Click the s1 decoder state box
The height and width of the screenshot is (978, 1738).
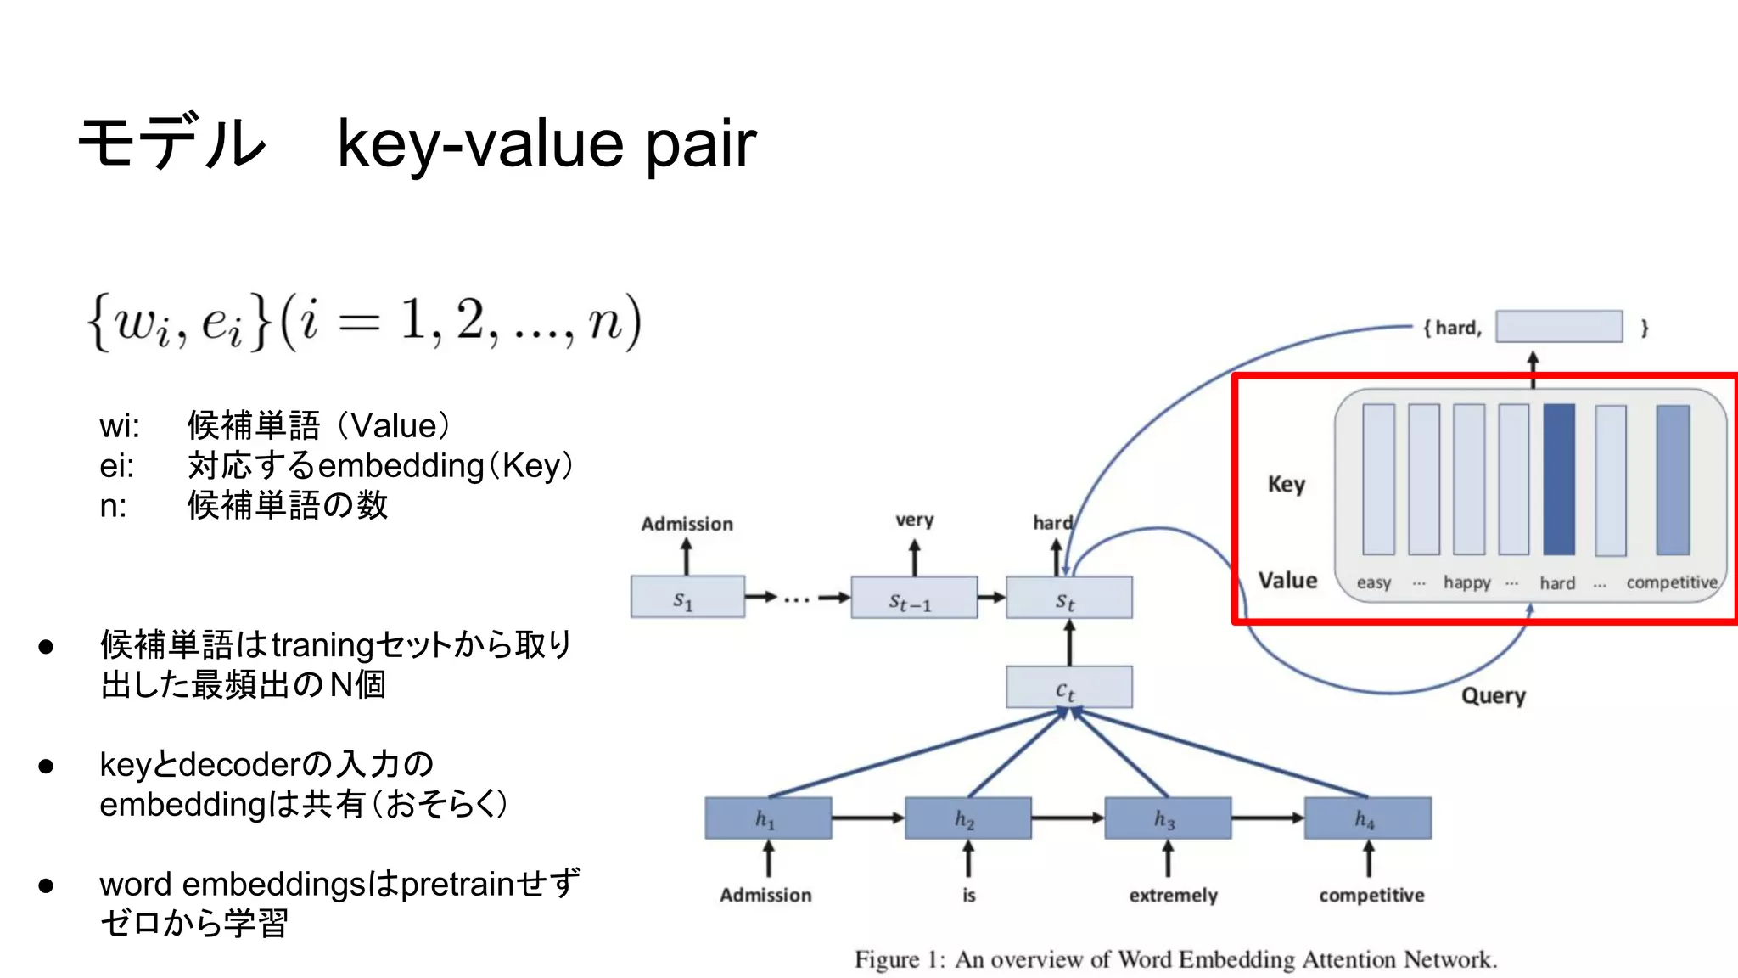(687, 597)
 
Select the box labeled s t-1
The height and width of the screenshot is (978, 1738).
(913, 598)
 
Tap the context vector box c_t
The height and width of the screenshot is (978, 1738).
(1068, 687)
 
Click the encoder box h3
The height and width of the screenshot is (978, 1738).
(1167, 818)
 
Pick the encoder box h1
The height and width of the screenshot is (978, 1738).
(767, 818)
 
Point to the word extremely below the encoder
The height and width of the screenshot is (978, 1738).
(1173, 895)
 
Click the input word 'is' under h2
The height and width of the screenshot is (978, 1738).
(968, 895)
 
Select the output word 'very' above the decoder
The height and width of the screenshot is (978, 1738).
(914, 520)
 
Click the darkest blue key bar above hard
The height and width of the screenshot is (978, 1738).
(1558, 479)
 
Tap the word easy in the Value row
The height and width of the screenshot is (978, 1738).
(1373, 582)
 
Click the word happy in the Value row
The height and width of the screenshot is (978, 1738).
(1466, 582)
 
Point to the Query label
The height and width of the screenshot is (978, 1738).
(1493, 696)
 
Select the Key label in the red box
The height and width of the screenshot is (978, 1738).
(1286, 484)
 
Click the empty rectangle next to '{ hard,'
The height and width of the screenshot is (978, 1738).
(1558, 327)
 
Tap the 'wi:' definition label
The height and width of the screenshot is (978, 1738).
(119, 426)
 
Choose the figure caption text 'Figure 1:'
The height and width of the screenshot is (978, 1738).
(899, 959)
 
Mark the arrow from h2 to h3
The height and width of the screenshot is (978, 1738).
(1068, 818)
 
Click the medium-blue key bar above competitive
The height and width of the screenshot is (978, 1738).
(1672, 479)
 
